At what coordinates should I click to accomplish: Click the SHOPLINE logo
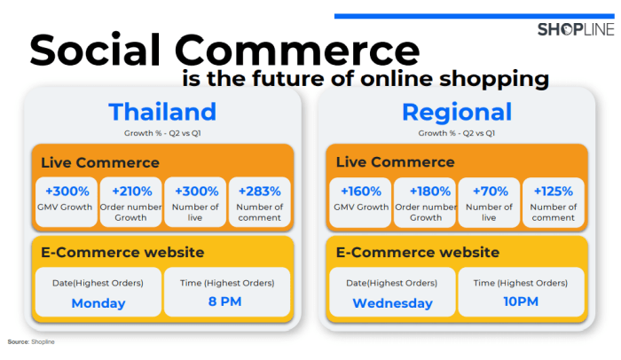point(576,29)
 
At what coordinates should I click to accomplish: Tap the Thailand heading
point(162,112)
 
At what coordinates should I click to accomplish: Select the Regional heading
point(457,113)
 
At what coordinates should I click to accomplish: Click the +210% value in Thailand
point(132,192)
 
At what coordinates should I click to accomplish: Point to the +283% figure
point(259,192)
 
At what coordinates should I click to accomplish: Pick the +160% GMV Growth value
point(361,192)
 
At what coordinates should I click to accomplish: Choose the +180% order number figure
point(430,192)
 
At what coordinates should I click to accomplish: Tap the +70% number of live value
point(491,192)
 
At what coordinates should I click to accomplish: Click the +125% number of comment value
point(554,192)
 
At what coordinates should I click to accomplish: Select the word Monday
point(98,303)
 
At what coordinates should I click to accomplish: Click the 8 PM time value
point(225,301)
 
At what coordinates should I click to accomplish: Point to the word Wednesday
point(392,303)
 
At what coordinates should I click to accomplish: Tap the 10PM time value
point(521,301)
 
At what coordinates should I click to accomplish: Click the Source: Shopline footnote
point(31,341)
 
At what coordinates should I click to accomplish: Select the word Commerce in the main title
point(297,51)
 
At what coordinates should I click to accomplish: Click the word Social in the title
point(95,51)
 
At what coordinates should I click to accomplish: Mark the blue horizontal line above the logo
point(475,16)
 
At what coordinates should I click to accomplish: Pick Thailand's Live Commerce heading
point(100,162)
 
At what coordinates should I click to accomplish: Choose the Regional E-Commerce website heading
point(418,253)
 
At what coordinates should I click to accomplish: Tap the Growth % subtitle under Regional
point(457,133)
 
